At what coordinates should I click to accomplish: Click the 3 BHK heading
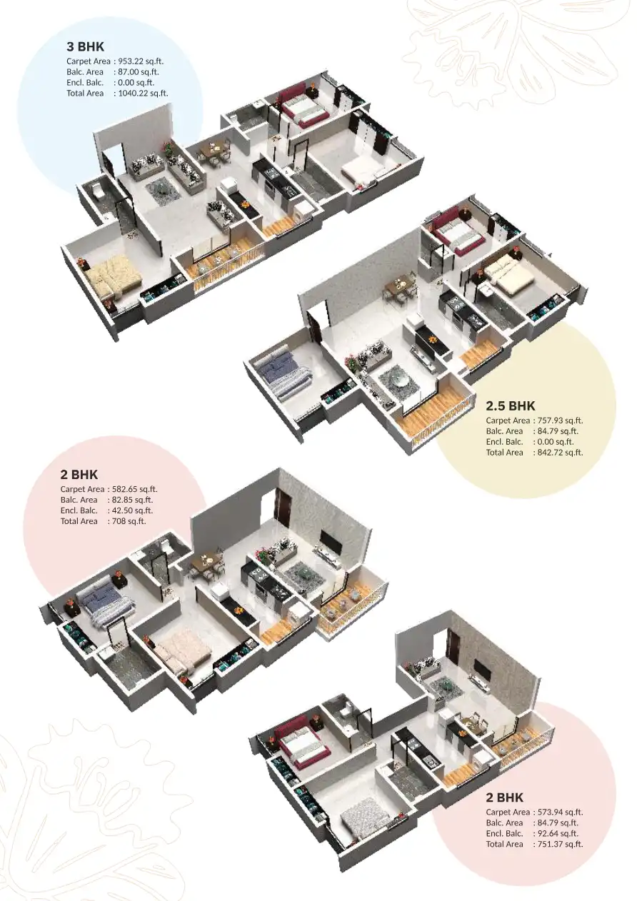point(85,47)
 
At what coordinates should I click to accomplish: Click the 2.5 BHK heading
point(510,406)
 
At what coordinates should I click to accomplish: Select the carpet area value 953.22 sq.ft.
point(141,61)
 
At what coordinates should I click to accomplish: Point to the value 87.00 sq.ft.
point(139,72)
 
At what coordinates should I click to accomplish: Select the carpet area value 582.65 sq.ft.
point(133,489)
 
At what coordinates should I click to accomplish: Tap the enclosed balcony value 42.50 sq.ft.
point(130,510)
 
